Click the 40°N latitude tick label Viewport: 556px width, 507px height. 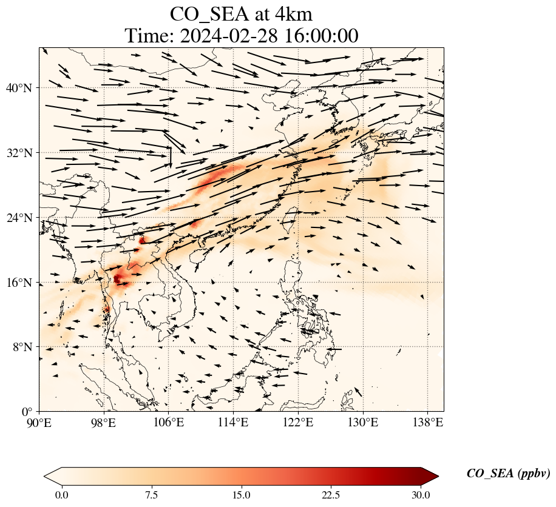click(22, 88)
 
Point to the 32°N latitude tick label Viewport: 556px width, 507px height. click(22, 153)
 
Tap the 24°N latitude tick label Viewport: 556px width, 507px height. click(22, 218)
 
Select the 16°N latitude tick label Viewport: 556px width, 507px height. click(22, 283)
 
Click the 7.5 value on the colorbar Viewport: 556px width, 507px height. click(151, 495)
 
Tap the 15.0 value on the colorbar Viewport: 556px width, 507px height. click(241, 495)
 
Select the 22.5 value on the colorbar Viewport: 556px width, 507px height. click(331, 495)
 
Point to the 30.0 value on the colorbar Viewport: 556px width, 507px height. click(421, 495)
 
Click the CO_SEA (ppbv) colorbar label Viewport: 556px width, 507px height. click(508, 474)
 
